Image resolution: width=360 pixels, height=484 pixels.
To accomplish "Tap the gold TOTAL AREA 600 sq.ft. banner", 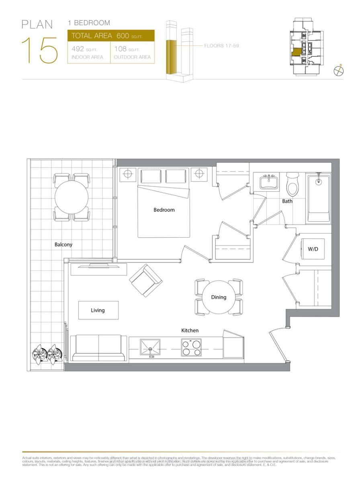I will coord(111,36).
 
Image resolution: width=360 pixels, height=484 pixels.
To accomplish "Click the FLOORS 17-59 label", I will coord(221,46).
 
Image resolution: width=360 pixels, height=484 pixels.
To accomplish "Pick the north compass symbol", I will coord(340,71).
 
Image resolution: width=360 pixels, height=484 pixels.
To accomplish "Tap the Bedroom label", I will coord(164,210).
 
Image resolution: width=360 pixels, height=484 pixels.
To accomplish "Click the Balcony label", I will coord(63,244).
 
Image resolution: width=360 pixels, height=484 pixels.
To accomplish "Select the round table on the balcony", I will coord(72,197).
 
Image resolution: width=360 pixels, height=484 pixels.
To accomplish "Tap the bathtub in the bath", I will coord(319,198).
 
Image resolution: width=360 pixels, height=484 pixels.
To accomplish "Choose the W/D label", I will coord(313,249).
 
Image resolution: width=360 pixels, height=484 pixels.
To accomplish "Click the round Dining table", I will coord(219,297).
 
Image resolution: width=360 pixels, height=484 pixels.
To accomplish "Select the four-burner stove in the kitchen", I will coord(191,348).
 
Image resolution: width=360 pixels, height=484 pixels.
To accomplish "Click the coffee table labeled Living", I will coord(98,310).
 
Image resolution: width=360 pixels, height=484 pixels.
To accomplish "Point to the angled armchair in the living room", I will coord(145,280).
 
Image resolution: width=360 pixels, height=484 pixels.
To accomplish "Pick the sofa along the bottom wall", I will coord(98,348).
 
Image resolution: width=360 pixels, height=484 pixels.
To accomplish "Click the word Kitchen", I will coord(190,330).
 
